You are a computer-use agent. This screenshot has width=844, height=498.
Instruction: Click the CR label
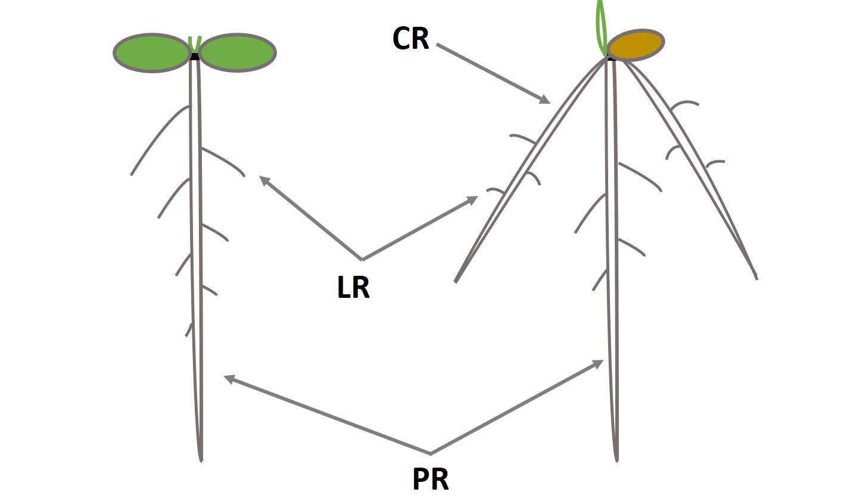410,39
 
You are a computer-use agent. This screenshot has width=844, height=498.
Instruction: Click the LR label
353,287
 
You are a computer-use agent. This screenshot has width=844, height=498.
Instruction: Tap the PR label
430,478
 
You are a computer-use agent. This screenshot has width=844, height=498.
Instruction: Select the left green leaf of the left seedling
151,52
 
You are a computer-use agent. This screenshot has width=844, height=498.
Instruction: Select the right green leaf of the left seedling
238,52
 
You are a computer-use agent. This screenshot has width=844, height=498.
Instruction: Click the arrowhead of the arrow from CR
545,100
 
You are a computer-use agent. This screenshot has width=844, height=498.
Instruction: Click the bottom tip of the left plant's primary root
201,459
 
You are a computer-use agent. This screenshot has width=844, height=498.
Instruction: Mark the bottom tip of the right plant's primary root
616,459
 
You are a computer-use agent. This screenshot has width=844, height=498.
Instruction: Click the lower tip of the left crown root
456,281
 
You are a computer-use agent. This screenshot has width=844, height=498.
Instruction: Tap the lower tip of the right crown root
755,277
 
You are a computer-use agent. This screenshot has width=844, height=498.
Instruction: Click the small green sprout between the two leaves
194,43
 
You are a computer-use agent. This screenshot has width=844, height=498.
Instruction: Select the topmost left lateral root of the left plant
158,139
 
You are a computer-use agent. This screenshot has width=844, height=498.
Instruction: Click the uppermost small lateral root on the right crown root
685,105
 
